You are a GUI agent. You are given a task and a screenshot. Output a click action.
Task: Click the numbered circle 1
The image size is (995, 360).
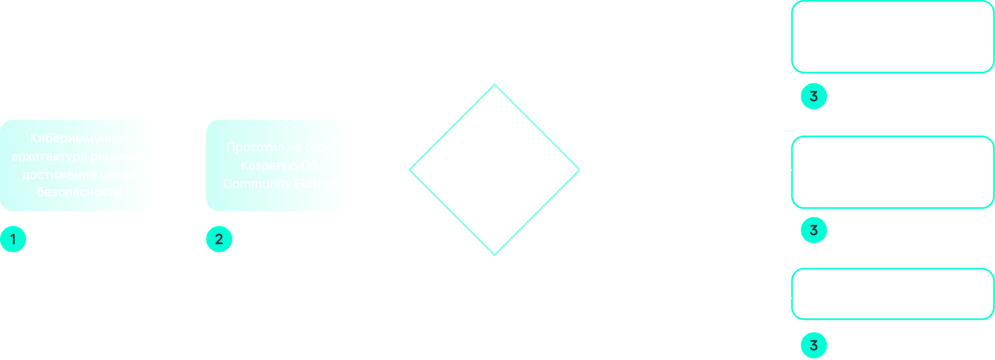point(12,240)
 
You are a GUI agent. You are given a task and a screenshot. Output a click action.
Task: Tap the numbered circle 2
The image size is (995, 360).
point(219,240)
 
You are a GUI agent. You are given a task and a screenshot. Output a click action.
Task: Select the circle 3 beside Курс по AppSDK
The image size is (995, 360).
point(814,230)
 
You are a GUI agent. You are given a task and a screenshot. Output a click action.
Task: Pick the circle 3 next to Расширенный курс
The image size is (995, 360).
point(814,97)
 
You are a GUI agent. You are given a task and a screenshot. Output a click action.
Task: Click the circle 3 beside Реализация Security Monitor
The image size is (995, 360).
point(814,346)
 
